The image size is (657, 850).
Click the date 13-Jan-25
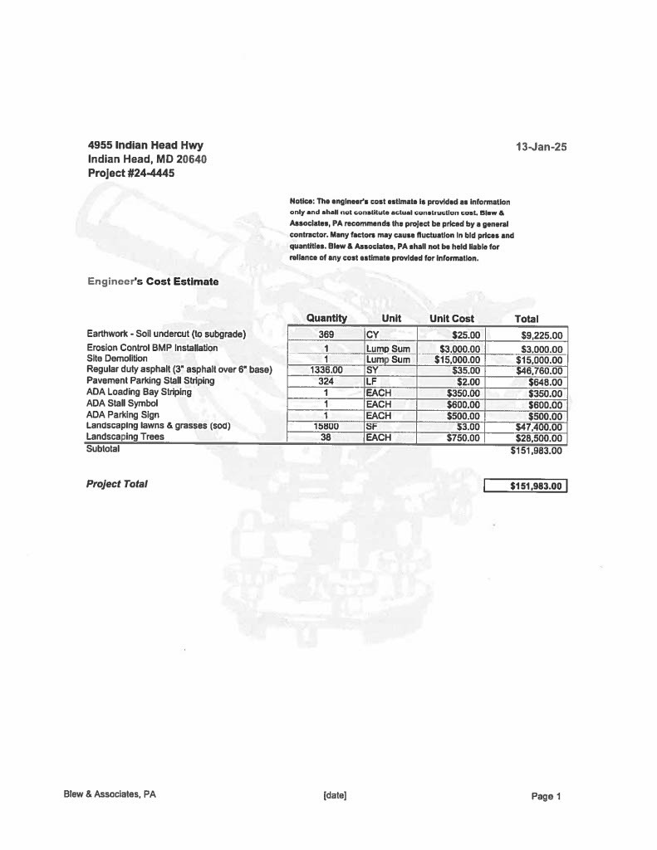point(542,147)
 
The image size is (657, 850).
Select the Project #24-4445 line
point(131,173)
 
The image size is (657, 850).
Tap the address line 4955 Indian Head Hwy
point(145,145)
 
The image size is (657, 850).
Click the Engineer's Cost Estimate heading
point(153,281)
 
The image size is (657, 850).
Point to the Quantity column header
point(326,318)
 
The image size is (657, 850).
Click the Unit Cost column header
point(452,319)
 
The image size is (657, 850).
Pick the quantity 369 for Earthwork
point(326,335)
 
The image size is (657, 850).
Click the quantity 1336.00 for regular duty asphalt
point(326,370)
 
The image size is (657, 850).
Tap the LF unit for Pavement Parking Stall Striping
point(371,382)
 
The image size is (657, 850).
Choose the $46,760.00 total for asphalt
point(539,371)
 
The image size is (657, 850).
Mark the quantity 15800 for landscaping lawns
point(326,427)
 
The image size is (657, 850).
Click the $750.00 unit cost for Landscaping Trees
point(463,437)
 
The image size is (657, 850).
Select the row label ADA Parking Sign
point(123,414)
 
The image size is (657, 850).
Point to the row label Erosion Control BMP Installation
point(152,348)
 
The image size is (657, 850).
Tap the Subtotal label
point(103,448)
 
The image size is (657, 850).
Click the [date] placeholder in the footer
point(335,795)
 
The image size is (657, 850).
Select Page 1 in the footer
point(547,796)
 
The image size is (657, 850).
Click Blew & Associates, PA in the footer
point(110,794)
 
